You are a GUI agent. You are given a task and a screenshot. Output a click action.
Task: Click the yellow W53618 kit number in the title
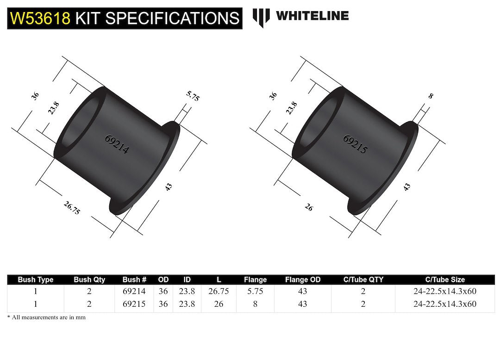point(40,18)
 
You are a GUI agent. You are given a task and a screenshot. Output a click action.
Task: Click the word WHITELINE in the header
point(312,16)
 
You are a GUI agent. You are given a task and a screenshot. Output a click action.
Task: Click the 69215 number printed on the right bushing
point(355,144)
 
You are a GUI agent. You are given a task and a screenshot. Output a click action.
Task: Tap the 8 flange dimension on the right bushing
point(431,96)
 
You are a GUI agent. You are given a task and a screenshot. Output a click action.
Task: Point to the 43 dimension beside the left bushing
point(169,186)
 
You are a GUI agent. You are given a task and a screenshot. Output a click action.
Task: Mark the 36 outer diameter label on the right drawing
point(273,96)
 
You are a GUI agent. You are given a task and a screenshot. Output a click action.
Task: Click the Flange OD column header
point(302,279)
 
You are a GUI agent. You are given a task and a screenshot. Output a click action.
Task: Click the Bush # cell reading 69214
point(134,292)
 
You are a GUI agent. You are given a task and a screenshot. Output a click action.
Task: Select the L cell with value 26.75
point(219,292)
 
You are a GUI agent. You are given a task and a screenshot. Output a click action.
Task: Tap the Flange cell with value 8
point(255,304)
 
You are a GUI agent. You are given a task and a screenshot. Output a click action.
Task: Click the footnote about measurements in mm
point(46,317)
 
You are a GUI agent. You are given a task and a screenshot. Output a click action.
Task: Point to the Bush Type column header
point(36,279)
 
